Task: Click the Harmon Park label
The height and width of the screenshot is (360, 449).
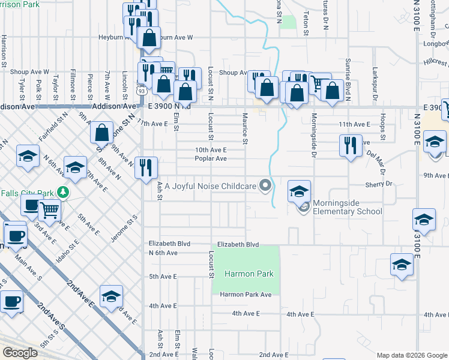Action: (x=249, y=274)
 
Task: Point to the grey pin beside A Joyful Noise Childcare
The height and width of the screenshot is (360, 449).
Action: (x=264, y=185)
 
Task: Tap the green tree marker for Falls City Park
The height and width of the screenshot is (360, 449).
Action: (x=63, y=193)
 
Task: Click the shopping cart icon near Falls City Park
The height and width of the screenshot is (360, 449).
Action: (x=50, y=210)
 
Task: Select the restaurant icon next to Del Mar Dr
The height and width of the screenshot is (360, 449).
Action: (x=350, y=145)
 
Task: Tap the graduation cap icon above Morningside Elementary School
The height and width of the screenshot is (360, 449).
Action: (x=299, y=191)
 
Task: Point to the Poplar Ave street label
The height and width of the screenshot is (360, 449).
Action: (x=210, y=159)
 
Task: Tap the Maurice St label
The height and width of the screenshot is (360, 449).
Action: (x=245, y=129)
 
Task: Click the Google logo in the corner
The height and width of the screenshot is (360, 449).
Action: (x=20, y=353)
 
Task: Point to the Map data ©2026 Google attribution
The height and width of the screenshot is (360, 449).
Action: (x=412, y=355)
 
